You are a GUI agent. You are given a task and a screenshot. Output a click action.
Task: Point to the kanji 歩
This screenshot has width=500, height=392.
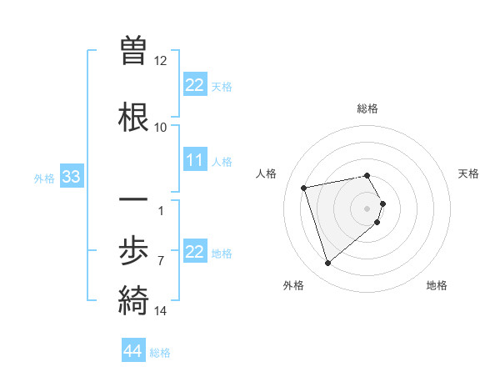(x=134, y=251)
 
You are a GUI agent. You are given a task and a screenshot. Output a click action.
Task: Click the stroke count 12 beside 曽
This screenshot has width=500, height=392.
(x=161, y=61)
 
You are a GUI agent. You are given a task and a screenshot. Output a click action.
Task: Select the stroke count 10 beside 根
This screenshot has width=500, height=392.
(x=161, y=127)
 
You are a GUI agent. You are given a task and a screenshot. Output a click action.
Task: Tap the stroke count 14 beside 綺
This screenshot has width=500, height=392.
(x=161, y=311)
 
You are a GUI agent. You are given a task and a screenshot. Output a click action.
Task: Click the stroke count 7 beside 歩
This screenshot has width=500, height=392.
(x=161, y=260)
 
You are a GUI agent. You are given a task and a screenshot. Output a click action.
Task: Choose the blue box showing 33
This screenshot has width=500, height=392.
(x=71, y=177)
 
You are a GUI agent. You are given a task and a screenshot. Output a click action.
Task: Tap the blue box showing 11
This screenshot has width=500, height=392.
(x=195, y=160)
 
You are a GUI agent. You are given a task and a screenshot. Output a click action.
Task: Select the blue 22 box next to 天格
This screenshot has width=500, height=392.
(x=195, y=85)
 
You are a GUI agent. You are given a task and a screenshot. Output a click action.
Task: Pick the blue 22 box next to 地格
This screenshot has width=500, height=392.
(x=195, y=252)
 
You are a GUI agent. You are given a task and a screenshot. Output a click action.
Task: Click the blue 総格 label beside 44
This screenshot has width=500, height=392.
(x=160, y=353)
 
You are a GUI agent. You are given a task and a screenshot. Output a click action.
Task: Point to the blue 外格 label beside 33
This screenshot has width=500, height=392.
(x=44, y=178)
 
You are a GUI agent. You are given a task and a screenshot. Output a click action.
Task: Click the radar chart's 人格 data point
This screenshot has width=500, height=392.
(x=304, y=187)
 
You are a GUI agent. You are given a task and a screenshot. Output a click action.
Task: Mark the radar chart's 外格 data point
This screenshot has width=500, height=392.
(x=327, y=264)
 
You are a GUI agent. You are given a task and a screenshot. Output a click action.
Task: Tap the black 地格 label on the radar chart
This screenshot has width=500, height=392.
(x=437, y=285)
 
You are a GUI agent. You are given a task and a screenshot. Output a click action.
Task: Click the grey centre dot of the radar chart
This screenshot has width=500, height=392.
(x=367, y=208)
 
